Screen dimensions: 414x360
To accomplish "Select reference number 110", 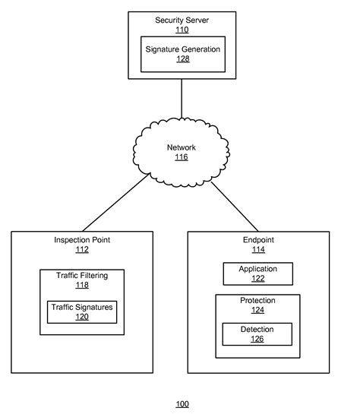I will (182, 30).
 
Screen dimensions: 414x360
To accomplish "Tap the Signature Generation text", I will (182, 49).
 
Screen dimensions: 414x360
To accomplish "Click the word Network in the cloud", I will (181, 147).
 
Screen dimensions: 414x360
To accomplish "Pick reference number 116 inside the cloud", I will (181, 157).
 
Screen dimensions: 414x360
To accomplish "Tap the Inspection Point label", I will (82, 240).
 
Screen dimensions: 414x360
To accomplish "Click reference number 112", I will (82, 250).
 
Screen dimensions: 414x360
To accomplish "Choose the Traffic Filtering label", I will (82, 276).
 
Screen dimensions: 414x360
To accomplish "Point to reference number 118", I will (82, 286).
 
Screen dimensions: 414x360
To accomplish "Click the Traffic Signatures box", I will (82, 311).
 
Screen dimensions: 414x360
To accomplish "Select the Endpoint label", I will (257, 240).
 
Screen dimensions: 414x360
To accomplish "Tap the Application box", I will (257, 273).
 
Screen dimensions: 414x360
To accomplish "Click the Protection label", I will (257, 301).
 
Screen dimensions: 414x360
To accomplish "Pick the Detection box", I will (257, 333).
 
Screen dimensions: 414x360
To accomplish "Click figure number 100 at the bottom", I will (182, 403).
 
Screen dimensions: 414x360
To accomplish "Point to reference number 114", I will (257, 250).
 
